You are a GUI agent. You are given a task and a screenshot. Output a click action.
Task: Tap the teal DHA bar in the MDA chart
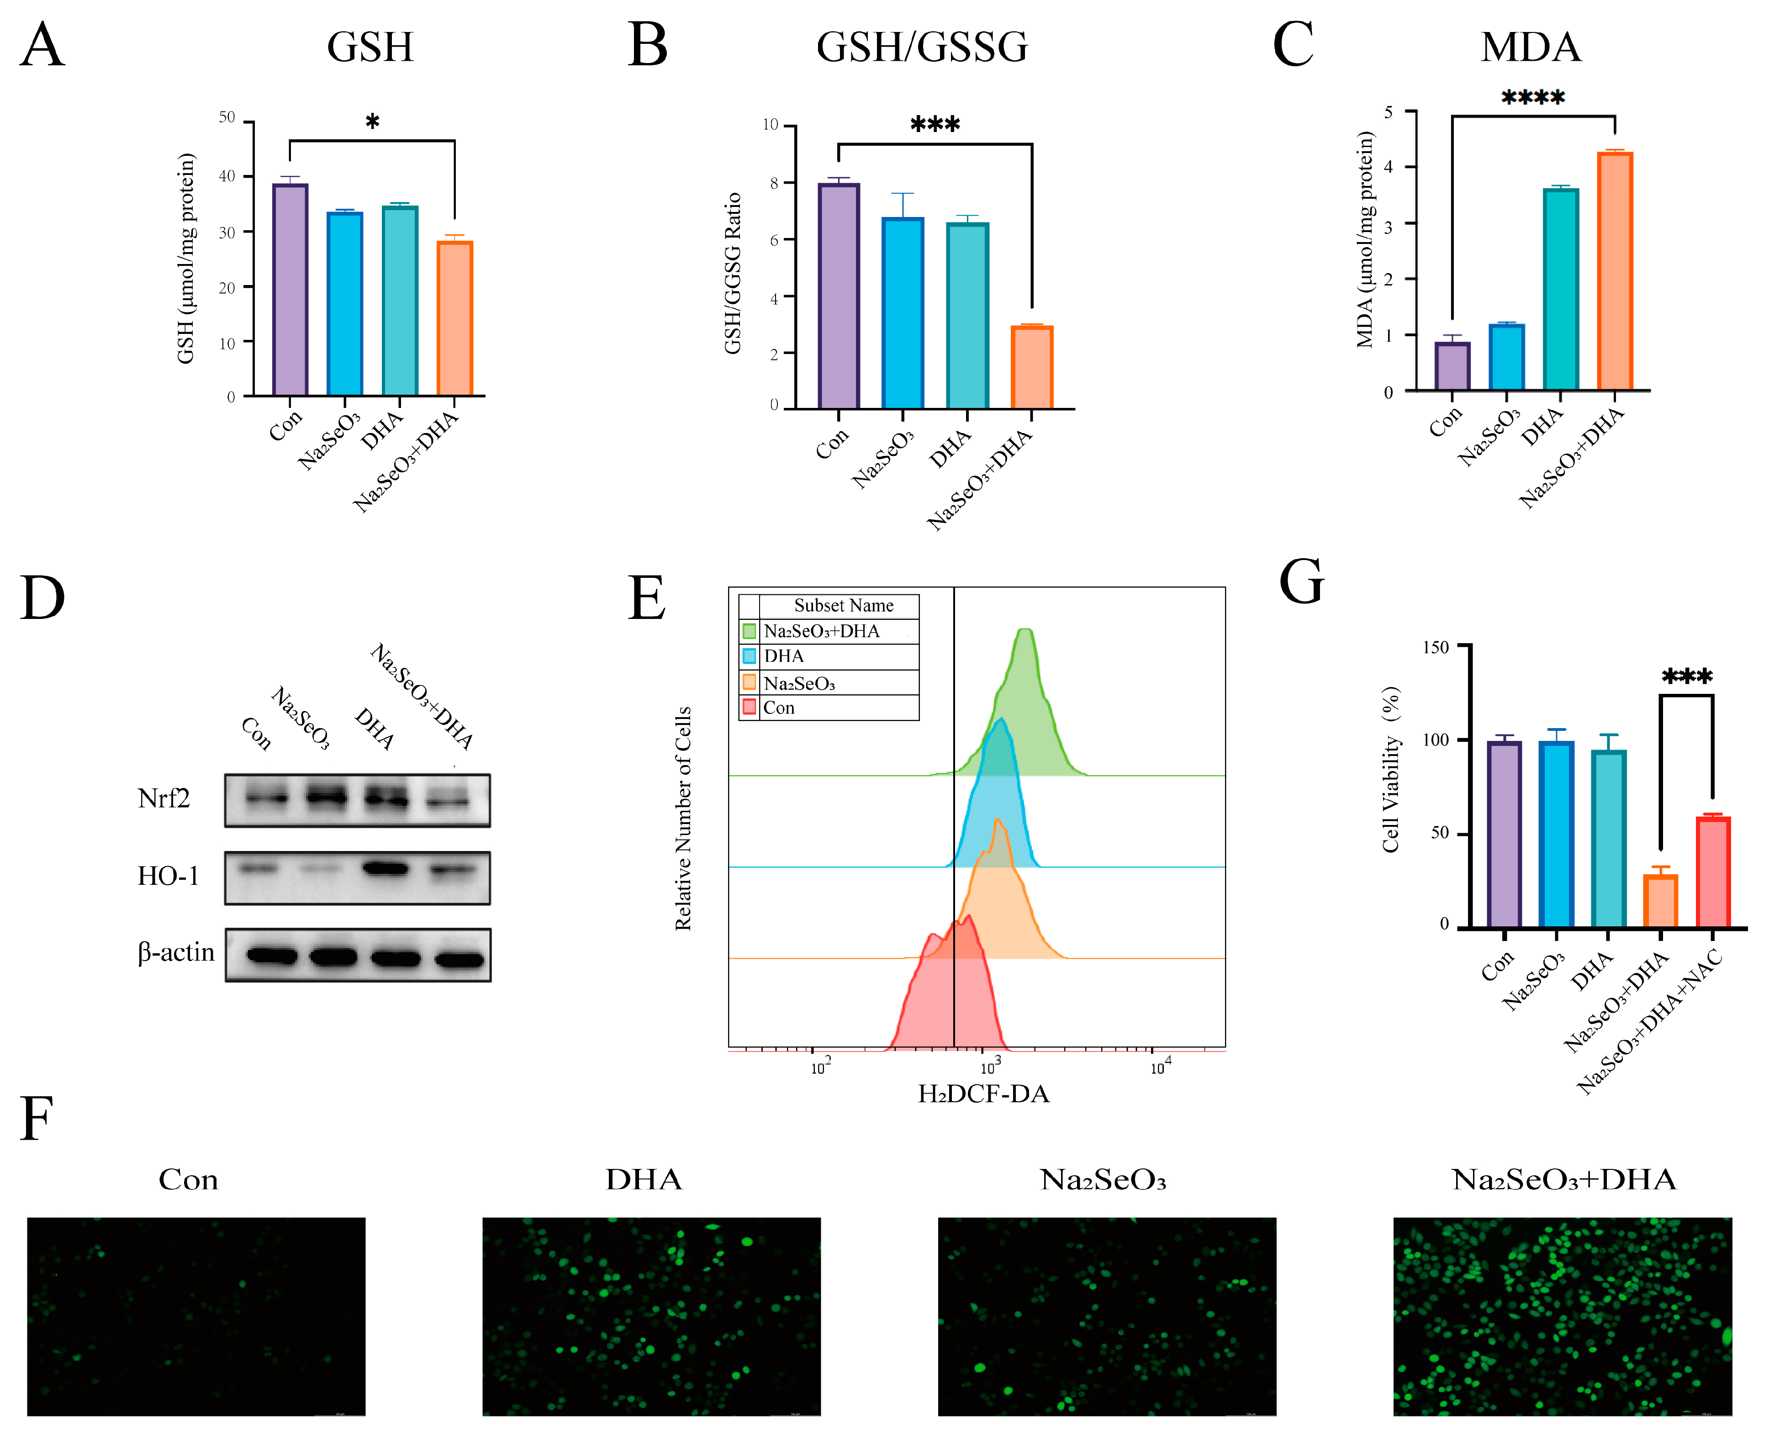point(1560,289)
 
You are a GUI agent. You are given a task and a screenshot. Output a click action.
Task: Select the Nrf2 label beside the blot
point(164,799)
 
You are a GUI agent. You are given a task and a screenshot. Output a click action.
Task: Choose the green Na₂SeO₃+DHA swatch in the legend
point(749,631)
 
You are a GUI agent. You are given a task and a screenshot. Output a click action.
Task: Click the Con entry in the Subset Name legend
point(779,708)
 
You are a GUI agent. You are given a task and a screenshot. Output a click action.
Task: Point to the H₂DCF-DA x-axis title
point(983,1094)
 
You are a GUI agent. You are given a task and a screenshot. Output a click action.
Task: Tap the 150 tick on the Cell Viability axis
point(1436,648)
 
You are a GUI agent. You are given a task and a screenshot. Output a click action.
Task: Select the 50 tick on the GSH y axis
point(227,117)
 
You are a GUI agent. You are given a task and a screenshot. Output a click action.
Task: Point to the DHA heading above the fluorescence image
point(644,1179)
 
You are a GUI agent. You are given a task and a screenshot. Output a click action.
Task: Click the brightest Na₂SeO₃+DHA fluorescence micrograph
point(1562,1316)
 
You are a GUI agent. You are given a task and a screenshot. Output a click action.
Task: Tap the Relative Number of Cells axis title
point(683,818)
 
